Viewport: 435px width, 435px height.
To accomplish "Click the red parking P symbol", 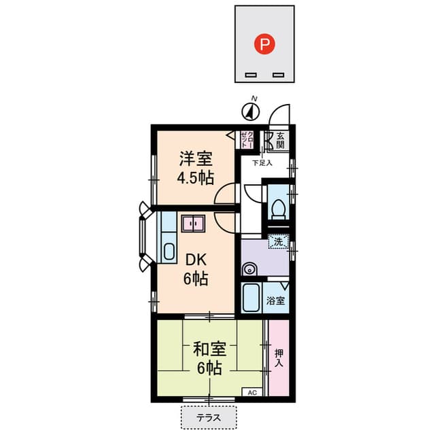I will click(265, 45).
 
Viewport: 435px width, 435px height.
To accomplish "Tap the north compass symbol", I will click(252, 110).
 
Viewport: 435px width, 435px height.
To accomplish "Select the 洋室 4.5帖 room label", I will click(196, 169).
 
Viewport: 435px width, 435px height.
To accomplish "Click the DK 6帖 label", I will click(196, 269).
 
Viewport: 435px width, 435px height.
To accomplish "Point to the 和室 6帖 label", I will click(209, 358).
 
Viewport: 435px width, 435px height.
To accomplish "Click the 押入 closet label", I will click(279, 358).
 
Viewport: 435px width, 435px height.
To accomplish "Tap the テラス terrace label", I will click(209, 417).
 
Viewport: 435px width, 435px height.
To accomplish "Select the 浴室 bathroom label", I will click(275, 300).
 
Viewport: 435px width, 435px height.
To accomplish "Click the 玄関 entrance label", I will click(280, 140).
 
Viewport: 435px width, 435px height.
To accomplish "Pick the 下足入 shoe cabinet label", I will click(262, 163).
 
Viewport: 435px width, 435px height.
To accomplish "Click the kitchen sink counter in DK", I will click(167, 238).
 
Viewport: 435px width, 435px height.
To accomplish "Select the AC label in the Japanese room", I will click(251, 393).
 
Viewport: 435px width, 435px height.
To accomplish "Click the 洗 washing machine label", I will click(279, 241).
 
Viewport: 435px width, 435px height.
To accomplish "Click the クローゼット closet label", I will click(247, 139).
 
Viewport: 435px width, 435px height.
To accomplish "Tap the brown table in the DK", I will click(193, 223).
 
